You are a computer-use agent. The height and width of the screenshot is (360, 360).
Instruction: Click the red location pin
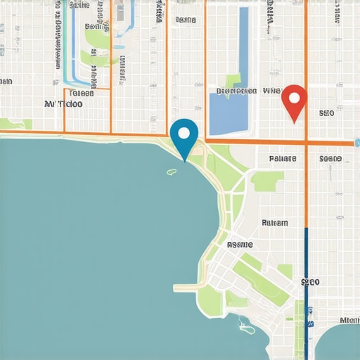[294, 101]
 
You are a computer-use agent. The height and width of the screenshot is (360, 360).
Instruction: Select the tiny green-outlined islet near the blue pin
[171, 171]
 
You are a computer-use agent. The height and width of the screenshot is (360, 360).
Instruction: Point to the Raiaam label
[275, 223]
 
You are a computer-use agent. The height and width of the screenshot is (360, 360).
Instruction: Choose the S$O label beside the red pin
[326, 112]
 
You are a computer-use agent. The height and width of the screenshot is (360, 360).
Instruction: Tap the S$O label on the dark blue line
[310, 282]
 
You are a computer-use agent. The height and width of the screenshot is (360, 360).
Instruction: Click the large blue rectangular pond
[229, 112]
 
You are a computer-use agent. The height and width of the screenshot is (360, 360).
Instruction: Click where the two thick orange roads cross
[307, 143]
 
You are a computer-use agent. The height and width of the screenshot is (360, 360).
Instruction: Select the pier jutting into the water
[188, 287]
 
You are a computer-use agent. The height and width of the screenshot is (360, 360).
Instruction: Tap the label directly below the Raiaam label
[239, 245]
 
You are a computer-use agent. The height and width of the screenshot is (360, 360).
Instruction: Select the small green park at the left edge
[17, 124]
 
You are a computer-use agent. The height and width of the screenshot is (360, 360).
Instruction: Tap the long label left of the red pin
[236, 91]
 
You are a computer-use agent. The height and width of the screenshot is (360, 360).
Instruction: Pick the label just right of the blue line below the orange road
[330, 159]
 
